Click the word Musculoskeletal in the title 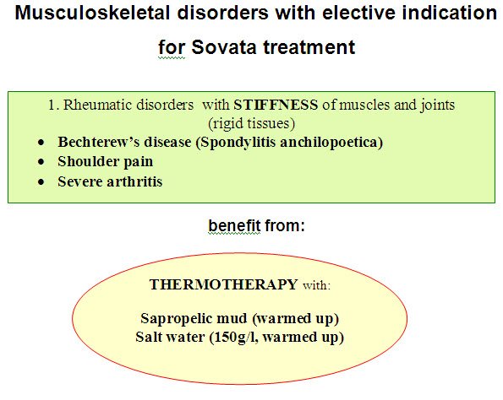click(x=92, y=13)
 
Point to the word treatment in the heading click(x=309, y=47)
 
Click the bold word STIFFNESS click(x=276, y=105)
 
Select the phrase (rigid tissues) click(x=252, y=123)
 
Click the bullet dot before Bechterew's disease click(x=41, y=142)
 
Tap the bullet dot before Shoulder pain click(x=41, y=162)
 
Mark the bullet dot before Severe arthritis click(x=41, y=182)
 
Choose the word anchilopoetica click(x=331, y=142)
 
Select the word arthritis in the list click(x=134, y=181)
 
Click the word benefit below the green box click(x=234, y=225)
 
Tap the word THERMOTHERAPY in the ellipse click(x=223, y=284)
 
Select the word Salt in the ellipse click(x=148, y=337)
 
